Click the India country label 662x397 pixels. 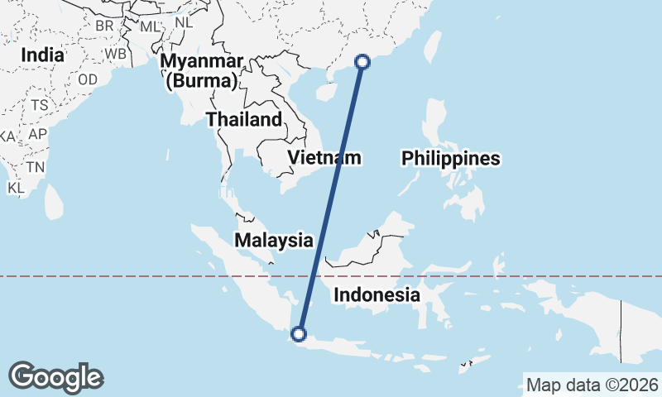tap(43, 55)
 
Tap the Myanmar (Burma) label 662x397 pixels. tap(203, 71)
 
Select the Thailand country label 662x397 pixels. tap(244, 119)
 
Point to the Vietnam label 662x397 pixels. tap(324, 157)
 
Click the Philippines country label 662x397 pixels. tap(451, 158)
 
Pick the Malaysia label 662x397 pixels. tap(274, 241)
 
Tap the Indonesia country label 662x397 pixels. tap(377, 295)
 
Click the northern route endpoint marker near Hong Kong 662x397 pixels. tap(362, 60)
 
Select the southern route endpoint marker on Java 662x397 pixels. tap(299, 334)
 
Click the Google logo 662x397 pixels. tap(56, 377)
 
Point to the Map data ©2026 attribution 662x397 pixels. tap(592, 385)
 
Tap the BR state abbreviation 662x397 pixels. tap(104, 26)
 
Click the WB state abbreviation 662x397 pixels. tap(115, 54)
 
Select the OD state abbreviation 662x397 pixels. tap(88, 79)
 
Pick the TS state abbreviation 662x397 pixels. tap(40, 105)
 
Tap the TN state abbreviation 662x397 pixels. tap(35, 166)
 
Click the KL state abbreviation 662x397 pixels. tap(16, 188)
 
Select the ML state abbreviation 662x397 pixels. tap(149, 26)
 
